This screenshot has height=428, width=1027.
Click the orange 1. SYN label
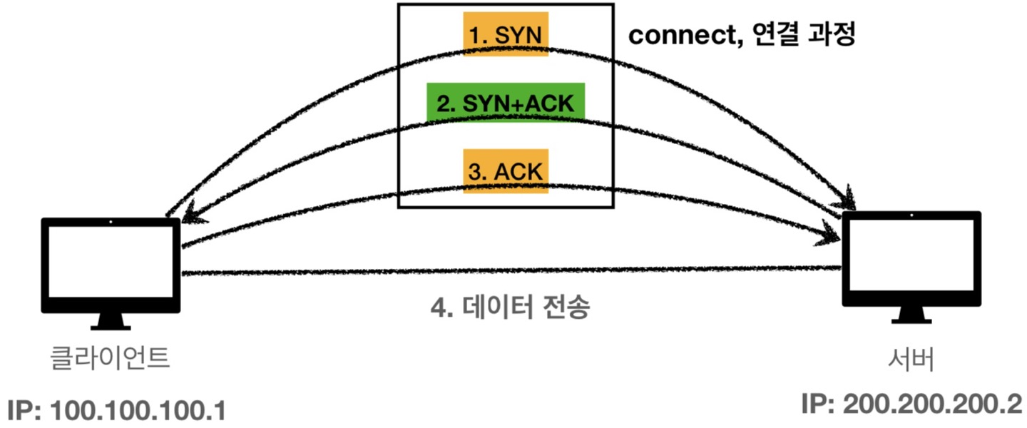click(x=506, y=34)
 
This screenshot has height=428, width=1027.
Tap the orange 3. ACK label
click(x=506, y=171)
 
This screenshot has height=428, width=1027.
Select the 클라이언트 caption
click(x=110, y=357)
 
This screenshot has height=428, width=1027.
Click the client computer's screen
click(x=111, y=264)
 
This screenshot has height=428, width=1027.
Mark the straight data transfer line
click(x=499, y=272)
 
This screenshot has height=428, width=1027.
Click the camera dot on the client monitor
click(x=111, y=223)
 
